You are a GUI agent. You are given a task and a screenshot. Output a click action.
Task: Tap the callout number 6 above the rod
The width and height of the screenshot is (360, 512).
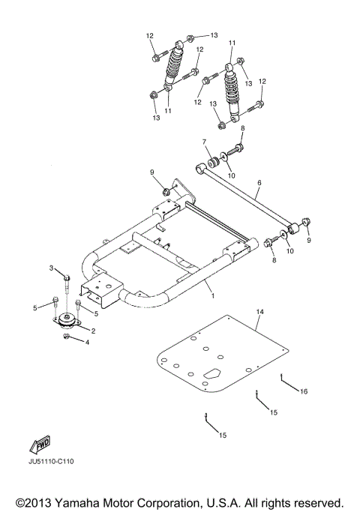pos(259,182)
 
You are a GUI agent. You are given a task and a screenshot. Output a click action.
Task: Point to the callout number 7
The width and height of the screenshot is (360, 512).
pos(203,142)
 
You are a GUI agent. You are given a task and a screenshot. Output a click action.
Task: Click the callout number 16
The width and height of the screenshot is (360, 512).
pos(304,391)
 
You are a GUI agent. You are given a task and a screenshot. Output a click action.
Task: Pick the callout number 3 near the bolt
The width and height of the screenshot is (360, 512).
pos(52,268)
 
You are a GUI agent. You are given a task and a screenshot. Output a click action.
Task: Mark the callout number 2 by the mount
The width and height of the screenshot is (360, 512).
pos(94,331)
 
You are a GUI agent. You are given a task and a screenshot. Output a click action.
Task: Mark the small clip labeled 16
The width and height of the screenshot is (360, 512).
pos(281,377)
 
